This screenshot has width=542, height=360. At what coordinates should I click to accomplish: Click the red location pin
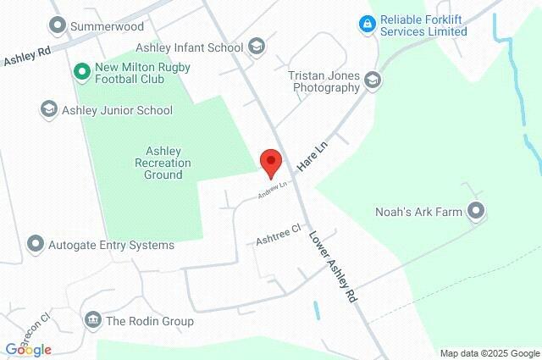click(270, 162)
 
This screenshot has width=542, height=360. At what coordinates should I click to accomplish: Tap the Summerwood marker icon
click(58, 26)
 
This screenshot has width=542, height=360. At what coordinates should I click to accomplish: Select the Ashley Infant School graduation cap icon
click(257, 47)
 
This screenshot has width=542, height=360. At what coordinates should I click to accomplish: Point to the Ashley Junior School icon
click(49, 110)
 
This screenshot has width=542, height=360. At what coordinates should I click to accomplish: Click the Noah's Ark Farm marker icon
click(476, 211)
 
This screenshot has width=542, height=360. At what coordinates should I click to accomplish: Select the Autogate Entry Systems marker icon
click(36, 245)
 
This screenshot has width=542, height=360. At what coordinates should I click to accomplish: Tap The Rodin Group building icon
click(92, 321)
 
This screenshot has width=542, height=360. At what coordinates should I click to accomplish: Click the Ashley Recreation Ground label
click(163, 163)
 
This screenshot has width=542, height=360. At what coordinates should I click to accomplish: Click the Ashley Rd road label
click(27, 56)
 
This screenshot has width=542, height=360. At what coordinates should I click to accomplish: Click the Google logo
click(28, 349)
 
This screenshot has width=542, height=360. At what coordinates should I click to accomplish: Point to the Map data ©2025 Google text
click(489, 353)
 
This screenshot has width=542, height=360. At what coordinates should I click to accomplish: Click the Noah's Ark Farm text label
click(419, 212)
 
